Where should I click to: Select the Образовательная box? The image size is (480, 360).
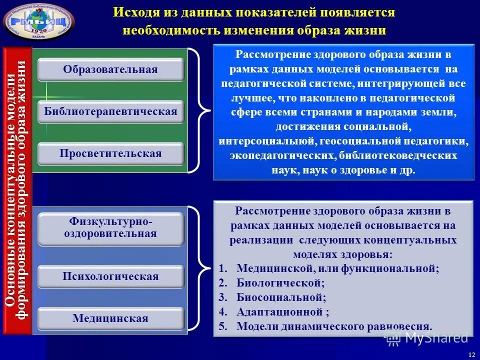point(110,69)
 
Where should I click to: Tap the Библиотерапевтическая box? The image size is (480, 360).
point(110,111)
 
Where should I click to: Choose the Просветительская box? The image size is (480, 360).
point(110,153)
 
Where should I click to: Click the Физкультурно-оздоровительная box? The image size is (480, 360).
point(110,228)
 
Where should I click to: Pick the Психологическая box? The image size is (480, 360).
point(110,276)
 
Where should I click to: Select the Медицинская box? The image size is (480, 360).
point(110,318)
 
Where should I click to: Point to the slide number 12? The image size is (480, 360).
point(471,354)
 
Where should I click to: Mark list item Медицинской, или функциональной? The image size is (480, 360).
point(337,268)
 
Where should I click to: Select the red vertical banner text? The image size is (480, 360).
point(17,190)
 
